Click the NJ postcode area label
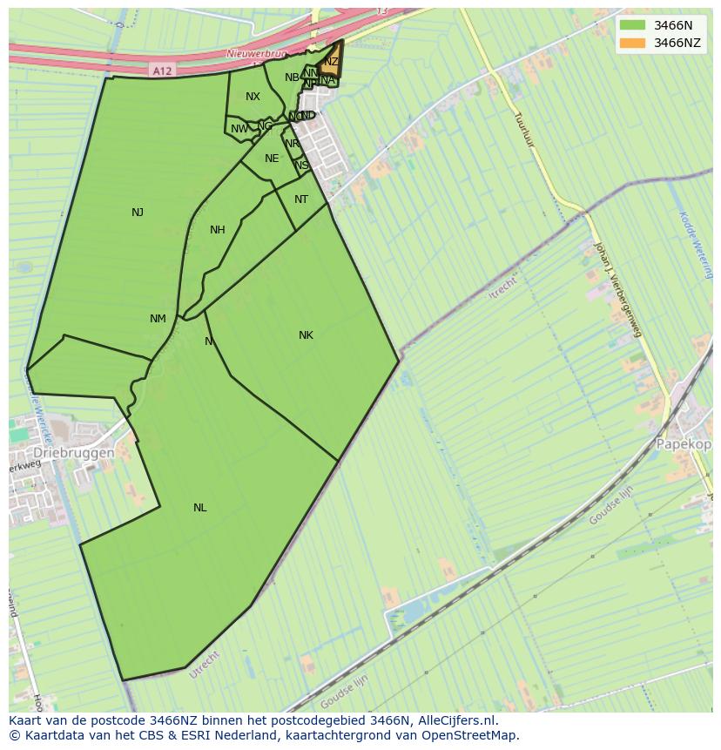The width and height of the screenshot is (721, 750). click(138, 213)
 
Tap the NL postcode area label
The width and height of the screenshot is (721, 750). click(200, 508)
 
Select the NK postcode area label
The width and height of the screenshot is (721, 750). click(306, 335)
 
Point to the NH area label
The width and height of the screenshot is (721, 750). click(218, 230)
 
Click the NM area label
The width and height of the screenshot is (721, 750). click(158, 319)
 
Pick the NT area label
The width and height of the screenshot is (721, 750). click(301, 199)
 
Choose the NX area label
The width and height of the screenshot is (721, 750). click(253, 97)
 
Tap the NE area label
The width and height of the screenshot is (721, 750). click(272, 159)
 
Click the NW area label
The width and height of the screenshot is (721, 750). click(239, 129)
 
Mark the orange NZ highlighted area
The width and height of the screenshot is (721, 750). click(330, 62)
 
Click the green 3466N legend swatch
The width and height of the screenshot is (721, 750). click(632, 25)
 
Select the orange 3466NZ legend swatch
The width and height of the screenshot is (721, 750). click(632, 43)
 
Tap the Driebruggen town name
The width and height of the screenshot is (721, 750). click(74, 454)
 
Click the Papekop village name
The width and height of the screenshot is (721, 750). click(684, 443)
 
